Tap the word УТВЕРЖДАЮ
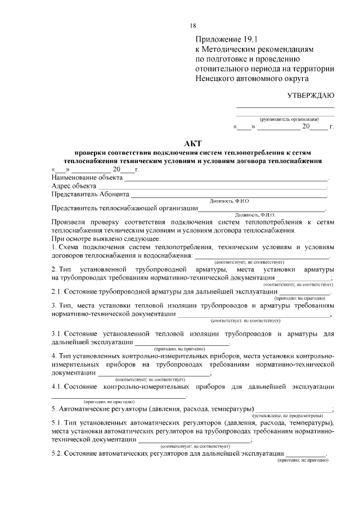pyautogui.click(x=311, y=94)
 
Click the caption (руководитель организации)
pyautogui.click(x=289, y=119)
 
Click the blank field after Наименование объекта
pyautogui.click(x=225, y=179)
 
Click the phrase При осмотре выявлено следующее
pyautogui.click(x=106, y=238)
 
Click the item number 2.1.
pyautogui.click(x=56, y=292)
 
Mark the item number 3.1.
pyautogui.click(x=56, y=334)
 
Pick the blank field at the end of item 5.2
pyautogui.click(x=305, y=455)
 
